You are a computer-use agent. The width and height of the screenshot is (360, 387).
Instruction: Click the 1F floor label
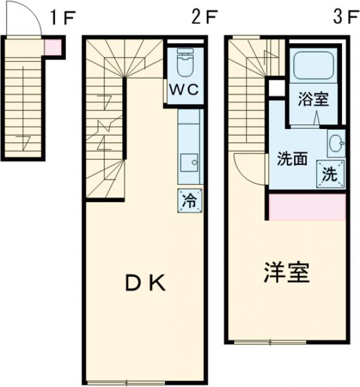click(61, 17)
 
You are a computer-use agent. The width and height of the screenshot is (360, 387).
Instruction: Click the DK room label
click(145, 283)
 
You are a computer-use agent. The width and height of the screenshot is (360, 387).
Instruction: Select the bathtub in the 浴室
click(314, 65)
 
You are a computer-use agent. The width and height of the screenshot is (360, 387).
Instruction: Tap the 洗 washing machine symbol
click(331, 175)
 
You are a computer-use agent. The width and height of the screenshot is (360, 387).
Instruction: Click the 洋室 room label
click(287, 273)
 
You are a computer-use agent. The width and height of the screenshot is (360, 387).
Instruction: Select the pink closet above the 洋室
click(307, 206)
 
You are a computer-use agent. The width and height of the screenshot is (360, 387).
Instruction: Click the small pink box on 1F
click(52, 47)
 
